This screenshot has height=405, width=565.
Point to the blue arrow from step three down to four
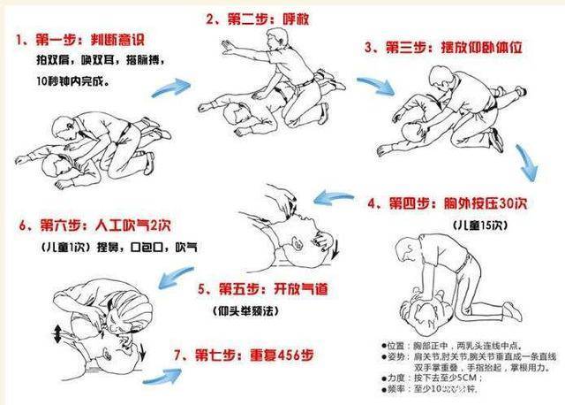pyautogui.click(x=530, y=164)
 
